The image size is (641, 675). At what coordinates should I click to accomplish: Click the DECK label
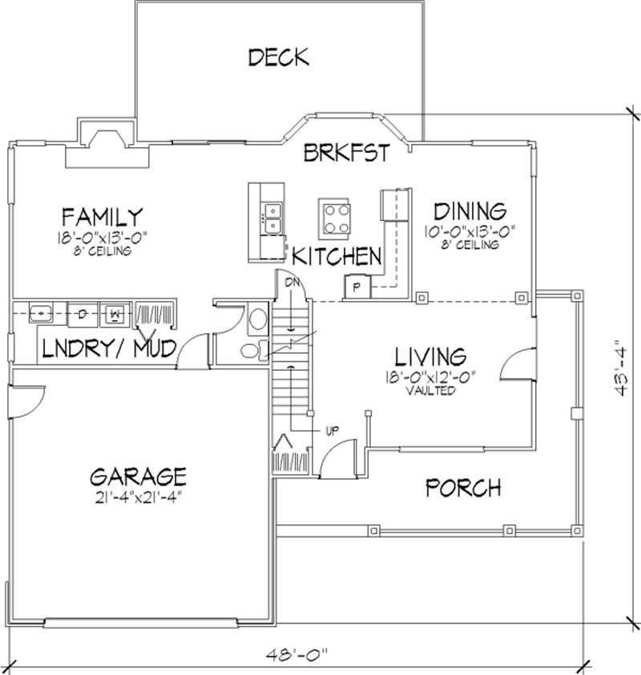pyautogui.click(x=278, y=58)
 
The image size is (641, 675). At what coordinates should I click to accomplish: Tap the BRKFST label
pyautogui.click(x=346, y=152)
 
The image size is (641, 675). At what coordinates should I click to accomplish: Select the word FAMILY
pyautogui.click(x=103, y=216)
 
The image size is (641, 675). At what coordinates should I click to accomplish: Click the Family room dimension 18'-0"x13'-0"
pyautogui.click(x=103, y=236)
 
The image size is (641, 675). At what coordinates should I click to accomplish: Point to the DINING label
pyautogui.click(x=470, y=211)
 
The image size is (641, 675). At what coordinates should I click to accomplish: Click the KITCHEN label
pyautogui.click(x=337, y=256)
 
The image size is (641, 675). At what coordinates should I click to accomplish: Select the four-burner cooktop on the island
pyautogui.click(x=334, y=216)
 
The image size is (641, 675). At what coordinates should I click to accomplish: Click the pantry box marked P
pyautogui.click(x=356, y=285)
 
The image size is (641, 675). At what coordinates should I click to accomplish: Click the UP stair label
pyautogui.click(x=332, y=430)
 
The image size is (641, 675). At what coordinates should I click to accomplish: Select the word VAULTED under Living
pyautogui.click(x=430, y=391)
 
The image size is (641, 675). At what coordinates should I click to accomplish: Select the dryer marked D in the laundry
pyautogui.click(x=82, y=314)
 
